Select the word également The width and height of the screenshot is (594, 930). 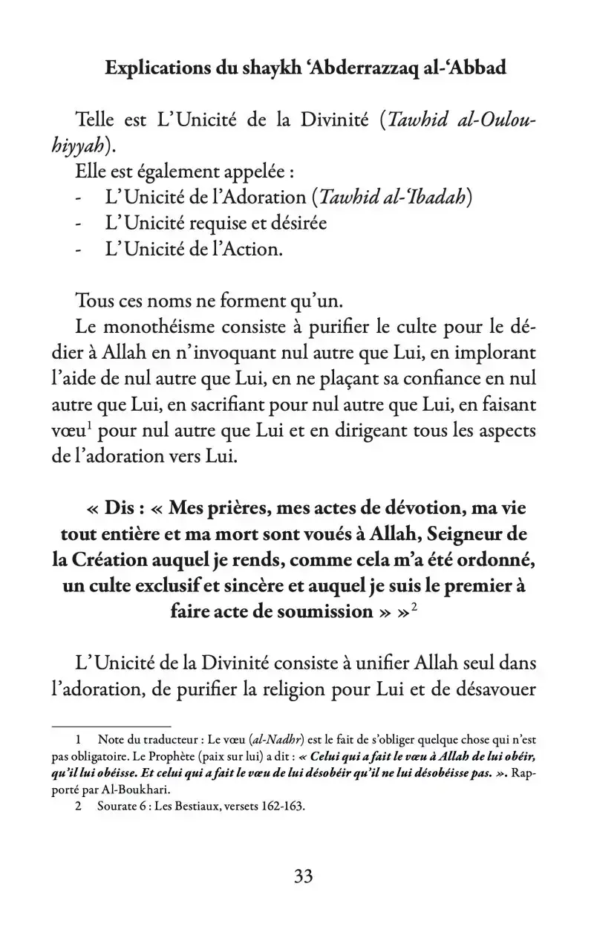[x=173, y=172]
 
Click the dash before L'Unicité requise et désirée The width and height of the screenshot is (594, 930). [x=79, y=223]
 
